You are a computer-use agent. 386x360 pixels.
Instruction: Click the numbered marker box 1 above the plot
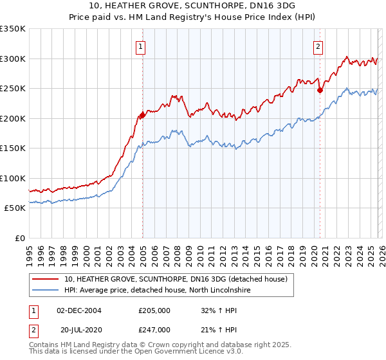tap(140, 46)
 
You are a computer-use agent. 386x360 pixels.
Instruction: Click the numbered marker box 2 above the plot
tap(318, 46)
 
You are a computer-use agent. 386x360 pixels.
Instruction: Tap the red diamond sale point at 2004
tap(142, 115)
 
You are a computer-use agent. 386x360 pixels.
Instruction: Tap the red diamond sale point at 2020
tap(320, 91)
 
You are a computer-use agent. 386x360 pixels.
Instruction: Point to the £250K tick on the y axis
tap(12, 89)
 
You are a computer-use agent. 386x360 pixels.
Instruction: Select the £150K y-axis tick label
tap(12, 148)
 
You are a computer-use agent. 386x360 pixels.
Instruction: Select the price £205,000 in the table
tap(154, 310)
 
